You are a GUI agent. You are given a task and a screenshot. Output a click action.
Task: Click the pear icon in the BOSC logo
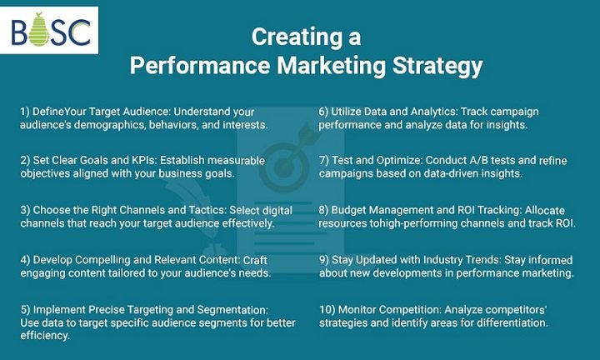click(39, 30)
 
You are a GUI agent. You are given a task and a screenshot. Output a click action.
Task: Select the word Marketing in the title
click(332, 66)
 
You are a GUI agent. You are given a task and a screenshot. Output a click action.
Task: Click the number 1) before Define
click(24, 112)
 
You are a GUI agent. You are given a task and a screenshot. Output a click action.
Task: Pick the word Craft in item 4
click(255, 260)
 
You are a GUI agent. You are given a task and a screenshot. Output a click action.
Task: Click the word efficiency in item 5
click(45, 336)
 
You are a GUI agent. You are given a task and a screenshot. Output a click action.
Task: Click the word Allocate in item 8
click(544, 210)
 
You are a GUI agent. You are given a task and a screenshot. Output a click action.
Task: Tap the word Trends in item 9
click(482, 260)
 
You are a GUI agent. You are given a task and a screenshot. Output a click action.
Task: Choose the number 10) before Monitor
click(327, 310)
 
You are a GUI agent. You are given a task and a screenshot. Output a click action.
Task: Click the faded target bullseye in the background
click(284, 167)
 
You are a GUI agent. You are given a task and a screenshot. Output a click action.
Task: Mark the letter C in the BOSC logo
click(80, 32)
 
